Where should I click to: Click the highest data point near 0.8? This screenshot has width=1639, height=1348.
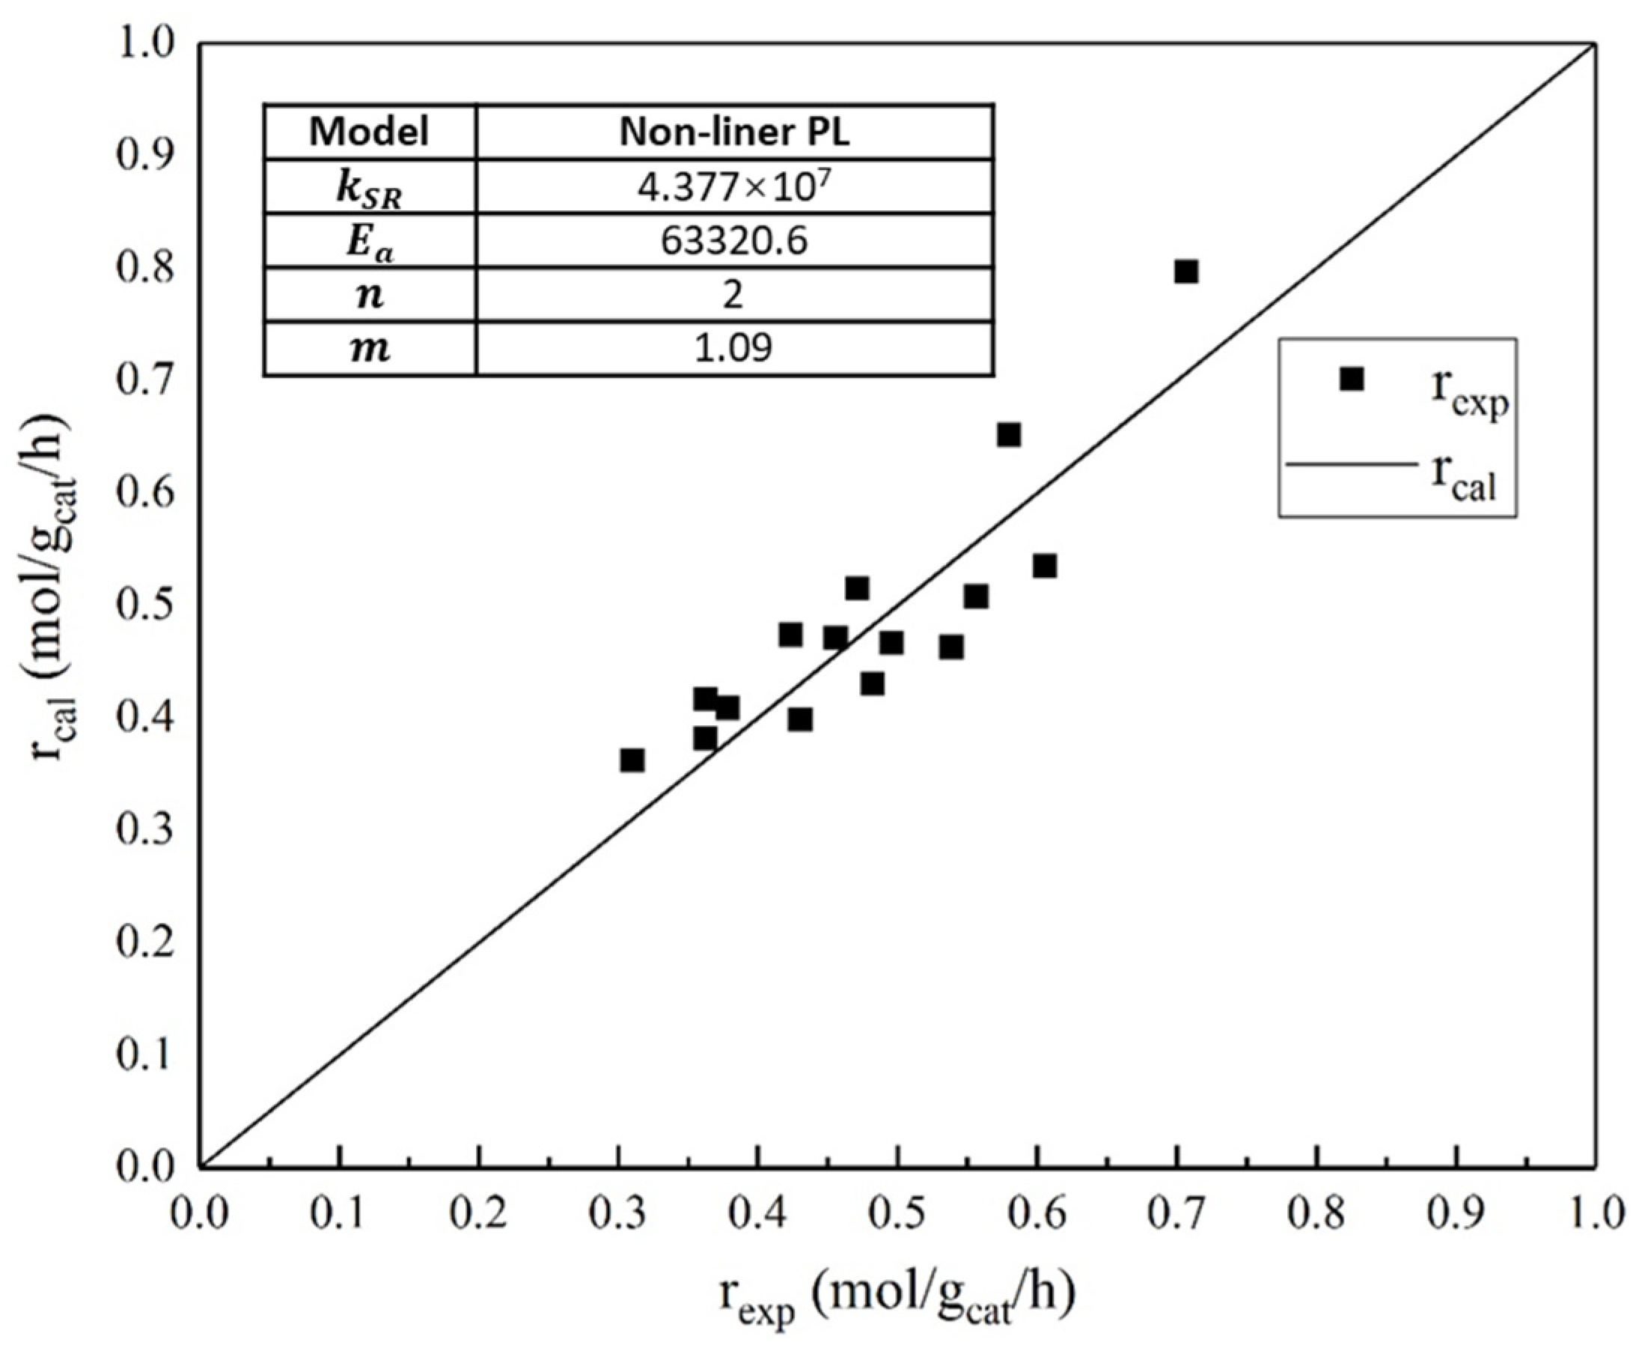pos(1185,272)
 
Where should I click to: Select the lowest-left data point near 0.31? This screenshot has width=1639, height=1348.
pos(632,760)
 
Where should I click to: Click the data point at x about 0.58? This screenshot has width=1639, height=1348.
pos(1008,435)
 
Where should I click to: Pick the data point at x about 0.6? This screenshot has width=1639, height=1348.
pos(1044,566)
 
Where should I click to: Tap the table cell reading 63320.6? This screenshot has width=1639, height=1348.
pos(733,242)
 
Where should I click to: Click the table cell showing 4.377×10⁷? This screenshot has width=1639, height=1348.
pos(733,187)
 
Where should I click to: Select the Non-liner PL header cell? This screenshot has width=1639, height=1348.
pos(733,132)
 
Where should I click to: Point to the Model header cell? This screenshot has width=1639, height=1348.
pos(369,132)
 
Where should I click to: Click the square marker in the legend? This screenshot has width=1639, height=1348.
pos(1352,379)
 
